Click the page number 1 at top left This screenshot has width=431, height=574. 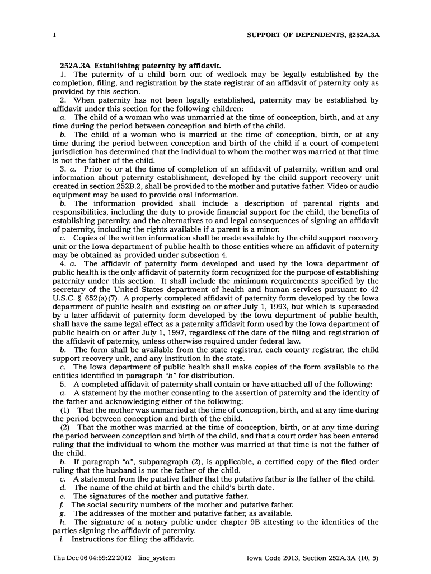coord(54,35)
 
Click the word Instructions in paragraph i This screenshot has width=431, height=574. coord(93,539)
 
